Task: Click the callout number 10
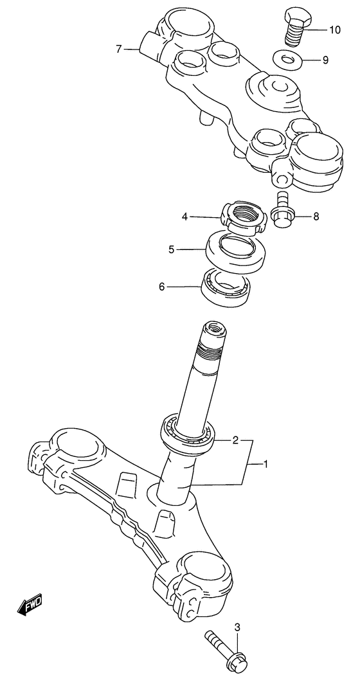pos(334,30)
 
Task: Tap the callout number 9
pos(325,60)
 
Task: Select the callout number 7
pos(119,49)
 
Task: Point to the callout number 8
pos(316,216)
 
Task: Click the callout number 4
pos(184,217)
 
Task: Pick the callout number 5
pos(172,249)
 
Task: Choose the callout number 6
pos(162,287)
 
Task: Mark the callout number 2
pos(235,441)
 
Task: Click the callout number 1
pos(265,465)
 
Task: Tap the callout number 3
pos(237,627)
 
